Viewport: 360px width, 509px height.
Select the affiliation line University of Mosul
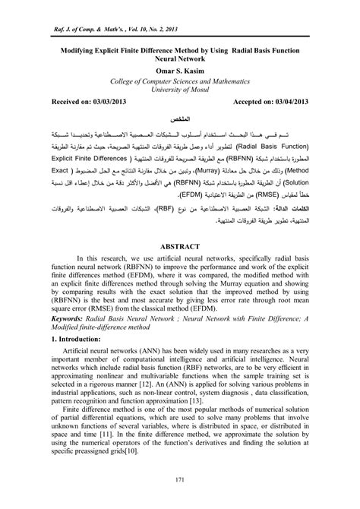pyautogui.click(x=179, y=90)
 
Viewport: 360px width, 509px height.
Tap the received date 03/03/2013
pyautogui.click(x=103, y=102)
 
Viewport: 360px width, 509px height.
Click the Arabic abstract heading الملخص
pyautogui.click(x=180, y=120)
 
